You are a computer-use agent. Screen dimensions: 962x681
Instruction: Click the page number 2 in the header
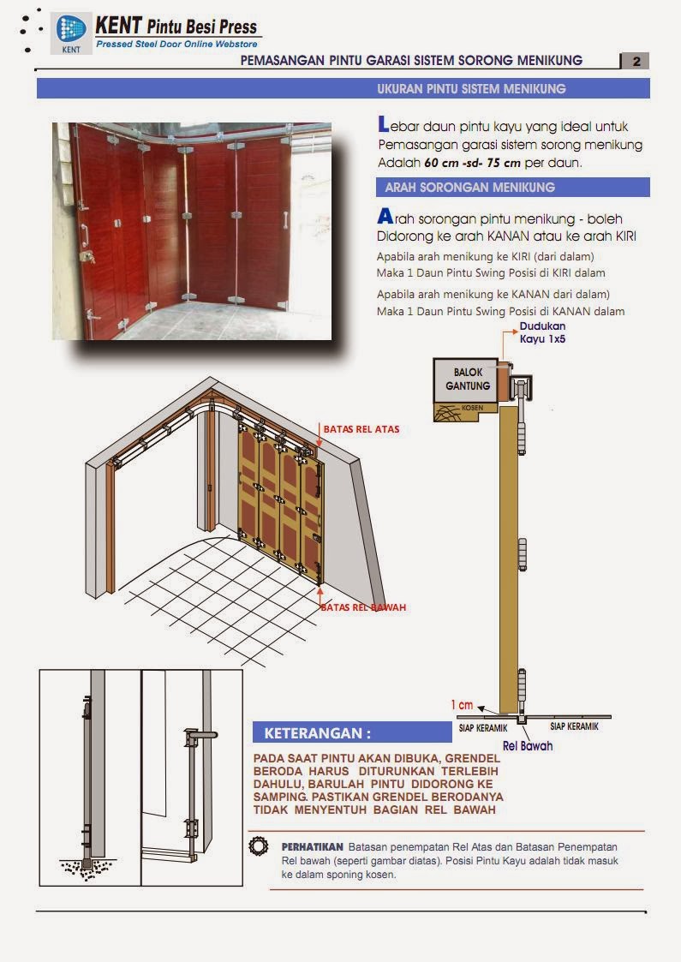click(x=635, y=61)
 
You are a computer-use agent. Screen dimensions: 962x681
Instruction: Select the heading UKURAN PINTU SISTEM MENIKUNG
click(x=471, y=89)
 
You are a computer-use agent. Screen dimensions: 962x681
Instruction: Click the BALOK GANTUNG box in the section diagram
click(x=467, y=379)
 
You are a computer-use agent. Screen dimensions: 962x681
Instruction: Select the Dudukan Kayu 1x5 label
click(x=542, y=332)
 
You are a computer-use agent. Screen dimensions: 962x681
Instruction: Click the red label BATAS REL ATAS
click(x=361, y=428)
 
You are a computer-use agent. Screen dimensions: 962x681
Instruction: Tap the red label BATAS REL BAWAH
click(x=363, y=607)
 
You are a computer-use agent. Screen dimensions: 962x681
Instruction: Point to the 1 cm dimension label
click(x=462, y=705)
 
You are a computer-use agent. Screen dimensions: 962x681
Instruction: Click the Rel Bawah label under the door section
click(x=527, y=745)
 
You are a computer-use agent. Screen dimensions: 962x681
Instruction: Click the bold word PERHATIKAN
click(x=312, y=846)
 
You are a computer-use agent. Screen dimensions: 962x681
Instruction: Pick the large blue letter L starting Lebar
click(x=383, y=125)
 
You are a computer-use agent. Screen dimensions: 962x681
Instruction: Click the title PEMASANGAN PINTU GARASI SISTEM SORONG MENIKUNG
click(x=411, y=61)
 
